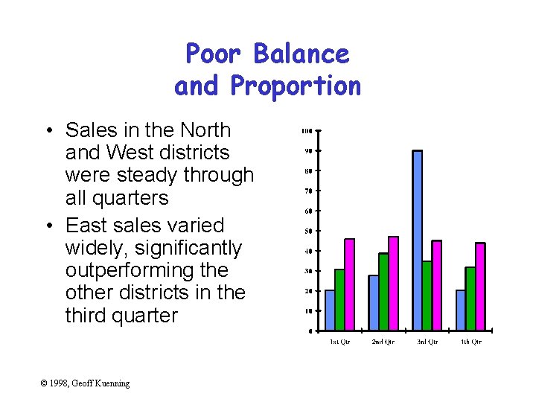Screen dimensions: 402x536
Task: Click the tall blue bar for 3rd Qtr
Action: coord(417,240)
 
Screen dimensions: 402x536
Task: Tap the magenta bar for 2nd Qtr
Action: coord(393,284)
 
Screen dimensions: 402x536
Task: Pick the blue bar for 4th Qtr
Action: coord(461,310)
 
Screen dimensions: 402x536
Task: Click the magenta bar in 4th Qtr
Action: coord(480,287)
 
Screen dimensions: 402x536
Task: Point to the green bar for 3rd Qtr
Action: coord(427,296)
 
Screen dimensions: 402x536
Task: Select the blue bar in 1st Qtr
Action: coord(330,310)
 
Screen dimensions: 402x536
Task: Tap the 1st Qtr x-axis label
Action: coord(339,342)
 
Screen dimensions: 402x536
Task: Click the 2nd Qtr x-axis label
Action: coord(383,342)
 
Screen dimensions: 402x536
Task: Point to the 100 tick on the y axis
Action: coord(306,131)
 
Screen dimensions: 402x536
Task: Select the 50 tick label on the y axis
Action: coord(307,231)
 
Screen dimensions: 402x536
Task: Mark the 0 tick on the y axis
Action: coord(310,331)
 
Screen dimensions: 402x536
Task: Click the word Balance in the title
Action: coord(300,54)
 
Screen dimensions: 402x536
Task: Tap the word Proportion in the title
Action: coord(296,86)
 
